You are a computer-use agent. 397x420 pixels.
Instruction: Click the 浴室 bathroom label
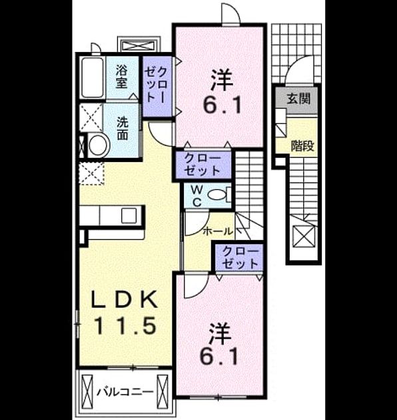click(121, 78)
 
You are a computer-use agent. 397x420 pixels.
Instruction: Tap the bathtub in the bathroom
click(93, 78)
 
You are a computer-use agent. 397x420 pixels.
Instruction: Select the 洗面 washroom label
click(123, 129)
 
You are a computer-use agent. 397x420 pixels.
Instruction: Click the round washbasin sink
click(98, 145)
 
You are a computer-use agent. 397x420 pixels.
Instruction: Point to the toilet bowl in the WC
click(217, 195)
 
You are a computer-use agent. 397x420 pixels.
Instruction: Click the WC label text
click(197, 197)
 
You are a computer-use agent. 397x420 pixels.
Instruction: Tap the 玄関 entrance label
click(298, 99)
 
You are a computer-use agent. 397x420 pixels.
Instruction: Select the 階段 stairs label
click(302, 146)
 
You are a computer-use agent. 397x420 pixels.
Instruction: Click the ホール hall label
click(217, 231)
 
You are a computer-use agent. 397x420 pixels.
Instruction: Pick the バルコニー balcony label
click(125, 393)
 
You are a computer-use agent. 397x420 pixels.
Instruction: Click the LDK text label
click(125, 299)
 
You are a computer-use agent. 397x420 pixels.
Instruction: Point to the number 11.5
click(125, 325)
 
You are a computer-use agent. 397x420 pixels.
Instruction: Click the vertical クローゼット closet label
click(157, 85)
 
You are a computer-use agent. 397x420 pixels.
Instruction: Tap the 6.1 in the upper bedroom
click(222, 104)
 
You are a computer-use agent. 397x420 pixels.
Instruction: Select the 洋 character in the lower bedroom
click(220, 333)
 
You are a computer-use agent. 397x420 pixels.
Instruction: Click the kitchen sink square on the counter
click(129, 216)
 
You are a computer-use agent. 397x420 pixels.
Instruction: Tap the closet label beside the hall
click(240, 257)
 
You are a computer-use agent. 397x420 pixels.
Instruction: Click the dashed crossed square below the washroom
click(91, 173)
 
